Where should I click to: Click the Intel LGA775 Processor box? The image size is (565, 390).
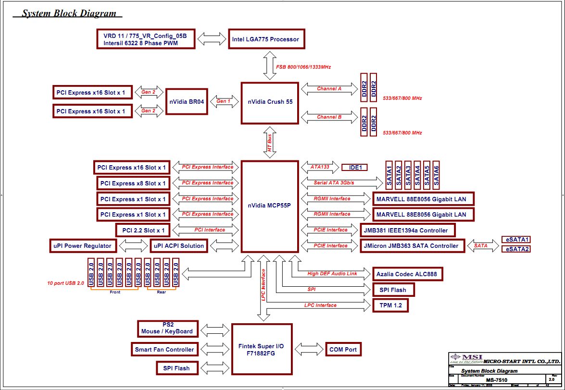(265, 39)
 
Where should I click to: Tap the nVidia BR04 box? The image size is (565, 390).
(187, 101)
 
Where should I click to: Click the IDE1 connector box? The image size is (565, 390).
(355, 168)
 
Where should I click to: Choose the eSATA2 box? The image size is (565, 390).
(515, 249)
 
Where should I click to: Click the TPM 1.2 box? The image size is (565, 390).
(390, 305)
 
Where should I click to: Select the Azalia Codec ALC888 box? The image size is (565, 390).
(408, 274)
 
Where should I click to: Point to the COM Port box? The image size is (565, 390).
(343, 349)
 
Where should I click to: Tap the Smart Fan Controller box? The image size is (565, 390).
(164, 349)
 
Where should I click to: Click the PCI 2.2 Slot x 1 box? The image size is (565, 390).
(143, 231)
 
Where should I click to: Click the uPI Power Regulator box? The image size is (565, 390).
(82, 246)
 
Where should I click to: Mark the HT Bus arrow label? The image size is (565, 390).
(270, 143)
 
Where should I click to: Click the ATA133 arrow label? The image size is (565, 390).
(320, 167)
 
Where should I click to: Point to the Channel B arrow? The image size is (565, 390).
(329, 117)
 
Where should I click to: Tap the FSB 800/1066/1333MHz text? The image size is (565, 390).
(303, 67)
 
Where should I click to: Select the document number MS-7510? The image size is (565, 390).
(497, 380)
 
